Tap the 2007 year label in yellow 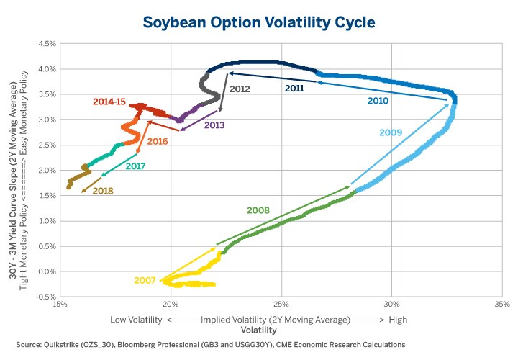pos(145,279)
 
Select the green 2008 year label pos(258,210)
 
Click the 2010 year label pos(378,101)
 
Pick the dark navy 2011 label pos(295,88)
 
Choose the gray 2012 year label pos(240,89)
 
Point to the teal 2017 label pos(135,166)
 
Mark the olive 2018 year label pos(103,192)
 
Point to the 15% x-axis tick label pos(60,302)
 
